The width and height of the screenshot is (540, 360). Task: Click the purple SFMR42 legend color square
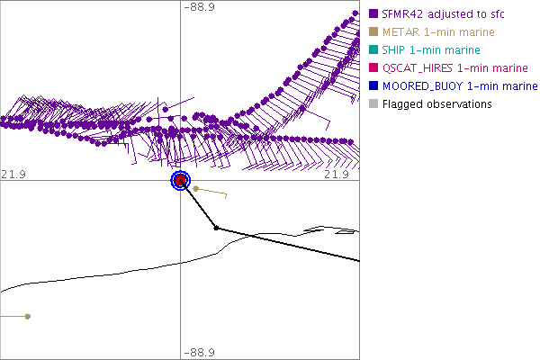tap(373, 14)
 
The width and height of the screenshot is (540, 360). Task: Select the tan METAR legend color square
tap(373, 32)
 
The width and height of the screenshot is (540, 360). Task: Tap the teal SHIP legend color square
tap(373, 50)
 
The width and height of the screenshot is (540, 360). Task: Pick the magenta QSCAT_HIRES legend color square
tap(373, 68)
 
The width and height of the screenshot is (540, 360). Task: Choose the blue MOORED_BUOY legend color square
tap(373, 86)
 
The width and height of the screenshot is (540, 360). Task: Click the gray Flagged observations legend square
tap(373, 104)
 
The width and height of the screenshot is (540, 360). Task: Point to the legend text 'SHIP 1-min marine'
tap(430, 50)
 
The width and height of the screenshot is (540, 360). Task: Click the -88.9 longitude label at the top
tap(199, 7)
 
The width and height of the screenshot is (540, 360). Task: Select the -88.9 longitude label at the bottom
tap(199, 353)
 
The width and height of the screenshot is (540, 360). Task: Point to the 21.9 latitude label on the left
tap(12, 174)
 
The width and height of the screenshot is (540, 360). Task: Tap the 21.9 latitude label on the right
tap(337, 174)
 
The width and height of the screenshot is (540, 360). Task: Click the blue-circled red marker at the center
tap(180, 181)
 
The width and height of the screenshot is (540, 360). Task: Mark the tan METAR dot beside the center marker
tap(196, 189)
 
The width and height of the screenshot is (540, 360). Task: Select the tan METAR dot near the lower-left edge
tap(28, 316)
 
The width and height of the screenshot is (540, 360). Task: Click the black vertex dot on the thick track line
tap(216, 228)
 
